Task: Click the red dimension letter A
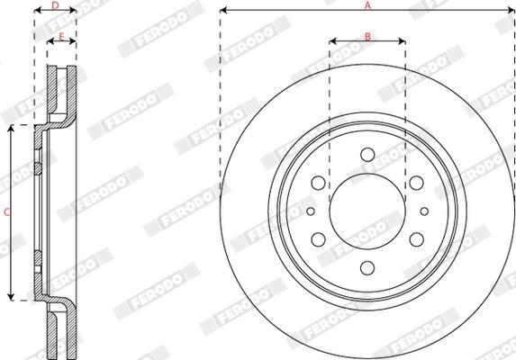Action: point(367,5)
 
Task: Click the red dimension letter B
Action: point(367,37)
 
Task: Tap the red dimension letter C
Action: point(6,212)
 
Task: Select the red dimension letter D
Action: point(55,5)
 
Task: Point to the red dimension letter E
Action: point(61,37)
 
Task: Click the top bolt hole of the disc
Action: point(367,155)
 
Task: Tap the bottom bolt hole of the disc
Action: point(367,268)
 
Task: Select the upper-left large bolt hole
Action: point(318,183)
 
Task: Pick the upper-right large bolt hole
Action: point(417,183)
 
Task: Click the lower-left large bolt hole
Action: point(318,239)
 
